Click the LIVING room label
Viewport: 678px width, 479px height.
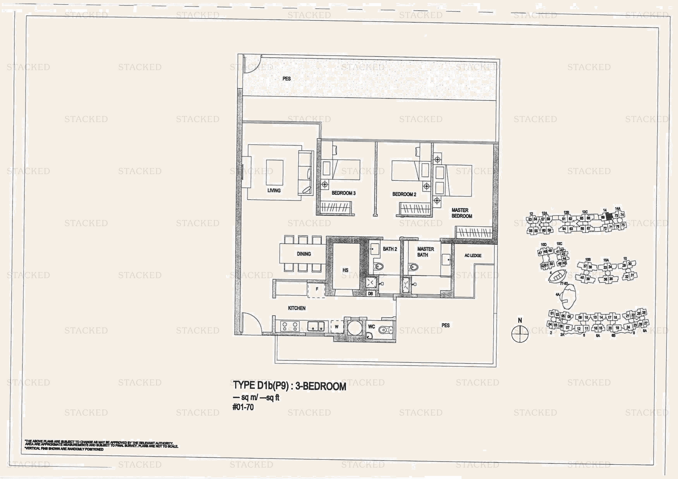274,190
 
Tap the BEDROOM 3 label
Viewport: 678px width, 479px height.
343,193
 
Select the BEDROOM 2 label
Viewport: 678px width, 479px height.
404,194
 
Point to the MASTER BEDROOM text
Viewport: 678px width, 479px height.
462,213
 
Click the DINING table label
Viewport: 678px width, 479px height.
304,254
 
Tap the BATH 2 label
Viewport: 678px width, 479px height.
390,249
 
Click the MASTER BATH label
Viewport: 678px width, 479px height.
425,252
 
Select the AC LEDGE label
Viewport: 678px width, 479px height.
473,255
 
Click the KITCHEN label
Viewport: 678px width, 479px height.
296,308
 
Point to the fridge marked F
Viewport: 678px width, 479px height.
317,289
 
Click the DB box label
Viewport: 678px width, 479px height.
371,293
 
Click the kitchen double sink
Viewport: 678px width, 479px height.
316,326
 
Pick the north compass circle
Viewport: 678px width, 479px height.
520,334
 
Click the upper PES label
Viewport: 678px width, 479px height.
286,78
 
